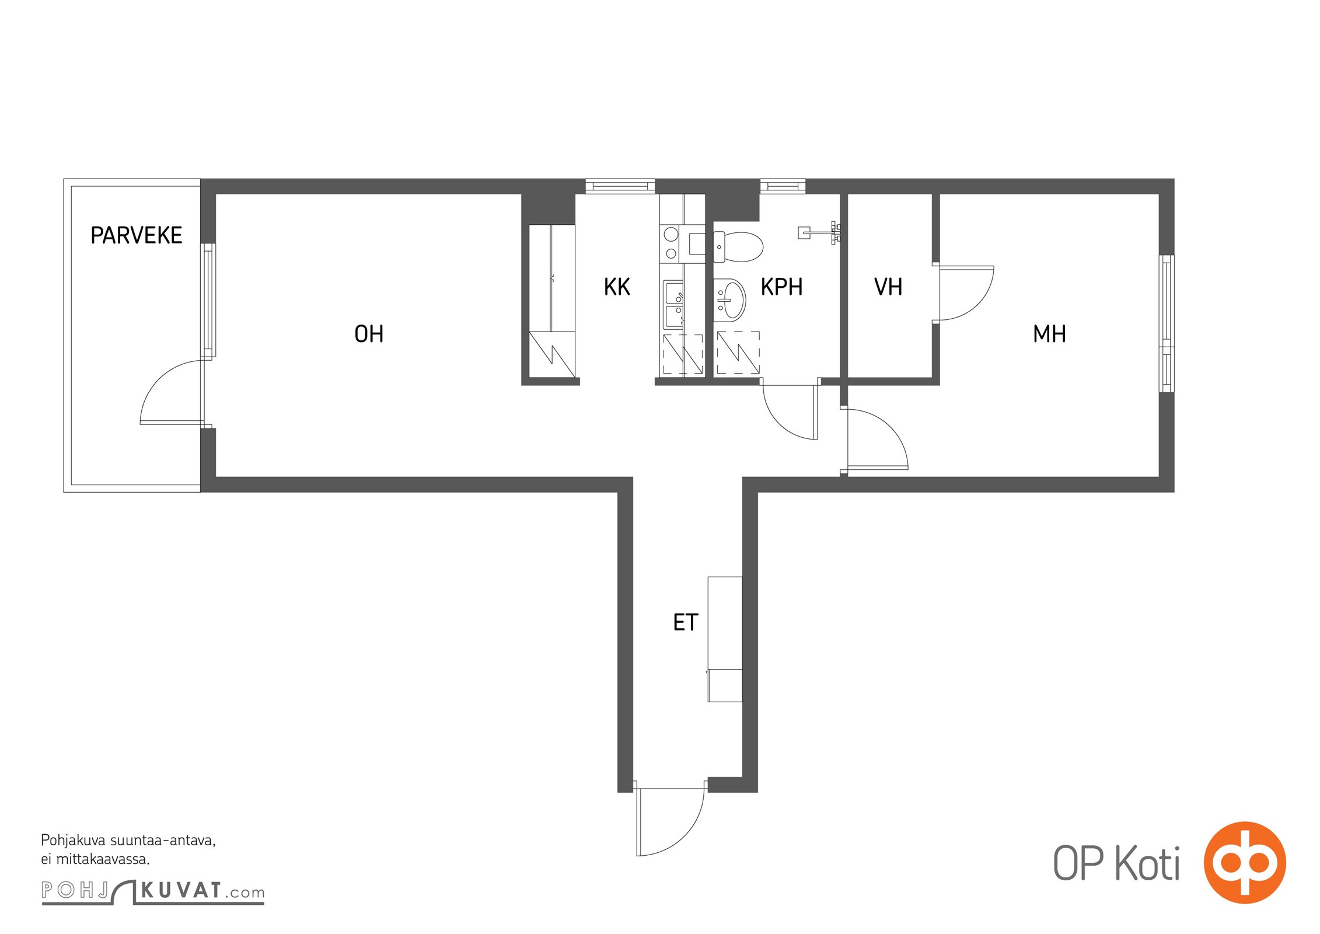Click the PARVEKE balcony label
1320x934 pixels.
136,235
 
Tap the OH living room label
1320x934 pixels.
369,334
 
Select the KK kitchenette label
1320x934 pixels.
617,287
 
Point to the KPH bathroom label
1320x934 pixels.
781,287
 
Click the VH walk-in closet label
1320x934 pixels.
888,287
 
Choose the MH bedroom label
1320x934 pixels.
1049,334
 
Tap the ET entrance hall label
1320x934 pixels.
685,622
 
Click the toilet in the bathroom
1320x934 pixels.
738,247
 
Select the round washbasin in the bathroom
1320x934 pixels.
729,299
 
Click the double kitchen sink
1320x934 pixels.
673,305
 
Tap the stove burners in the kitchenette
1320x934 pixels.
671,243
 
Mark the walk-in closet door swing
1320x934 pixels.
975,304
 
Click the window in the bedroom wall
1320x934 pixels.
1166,323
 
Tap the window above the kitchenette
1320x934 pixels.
620,186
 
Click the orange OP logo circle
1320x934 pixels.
1244,862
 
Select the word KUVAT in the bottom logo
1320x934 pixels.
181,890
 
